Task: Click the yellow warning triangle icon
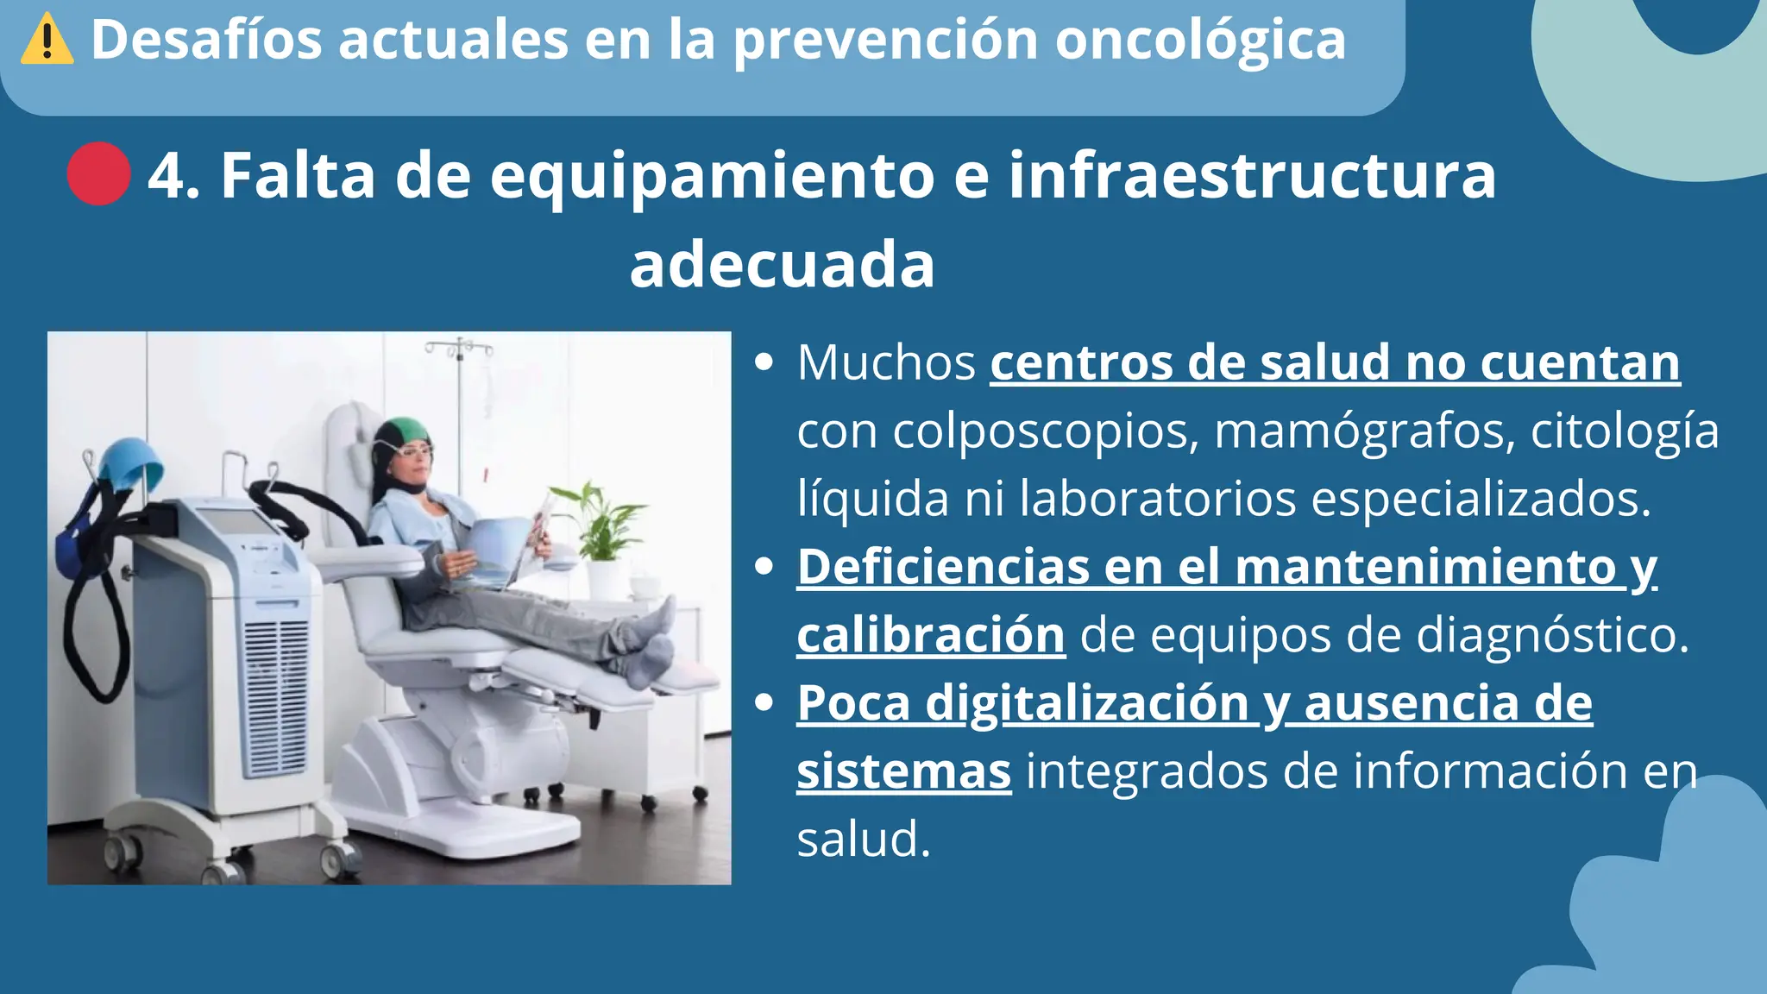click(47, 41)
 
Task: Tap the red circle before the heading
click(99, 173)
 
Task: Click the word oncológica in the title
click(1200, 41)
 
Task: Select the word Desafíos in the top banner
click(206, 40)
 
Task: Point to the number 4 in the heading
click(166, 176)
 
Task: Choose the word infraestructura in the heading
click(1252, 176)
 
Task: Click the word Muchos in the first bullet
click(886, 362)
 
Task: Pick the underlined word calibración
click(931, 636)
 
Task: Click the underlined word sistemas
click(903, 771)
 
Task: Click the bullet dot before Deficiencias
click(763, 567)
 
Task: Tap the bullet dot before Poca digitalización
click(763, 703)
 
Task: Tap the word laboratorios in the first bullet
click(1157, 499)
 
